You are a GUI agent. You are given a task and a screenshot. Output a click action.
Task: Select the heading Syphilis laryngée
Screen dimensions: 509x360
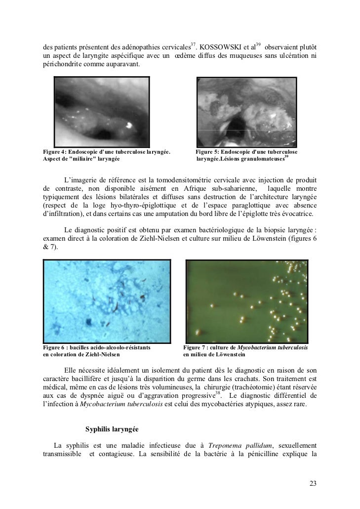[x=112, y=428]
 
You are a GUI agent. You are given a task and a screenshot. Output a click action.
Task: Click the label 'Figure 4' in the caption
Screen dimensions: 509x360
[x=54, y=151]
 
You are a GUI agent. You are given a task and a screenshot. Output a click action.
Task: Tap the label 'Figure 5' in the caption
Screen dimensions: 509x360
[x=207, y=151]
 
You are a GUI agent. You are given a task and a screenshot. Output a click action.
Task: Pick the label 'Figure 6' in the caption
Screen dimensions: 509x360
[x=54, y=348]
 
